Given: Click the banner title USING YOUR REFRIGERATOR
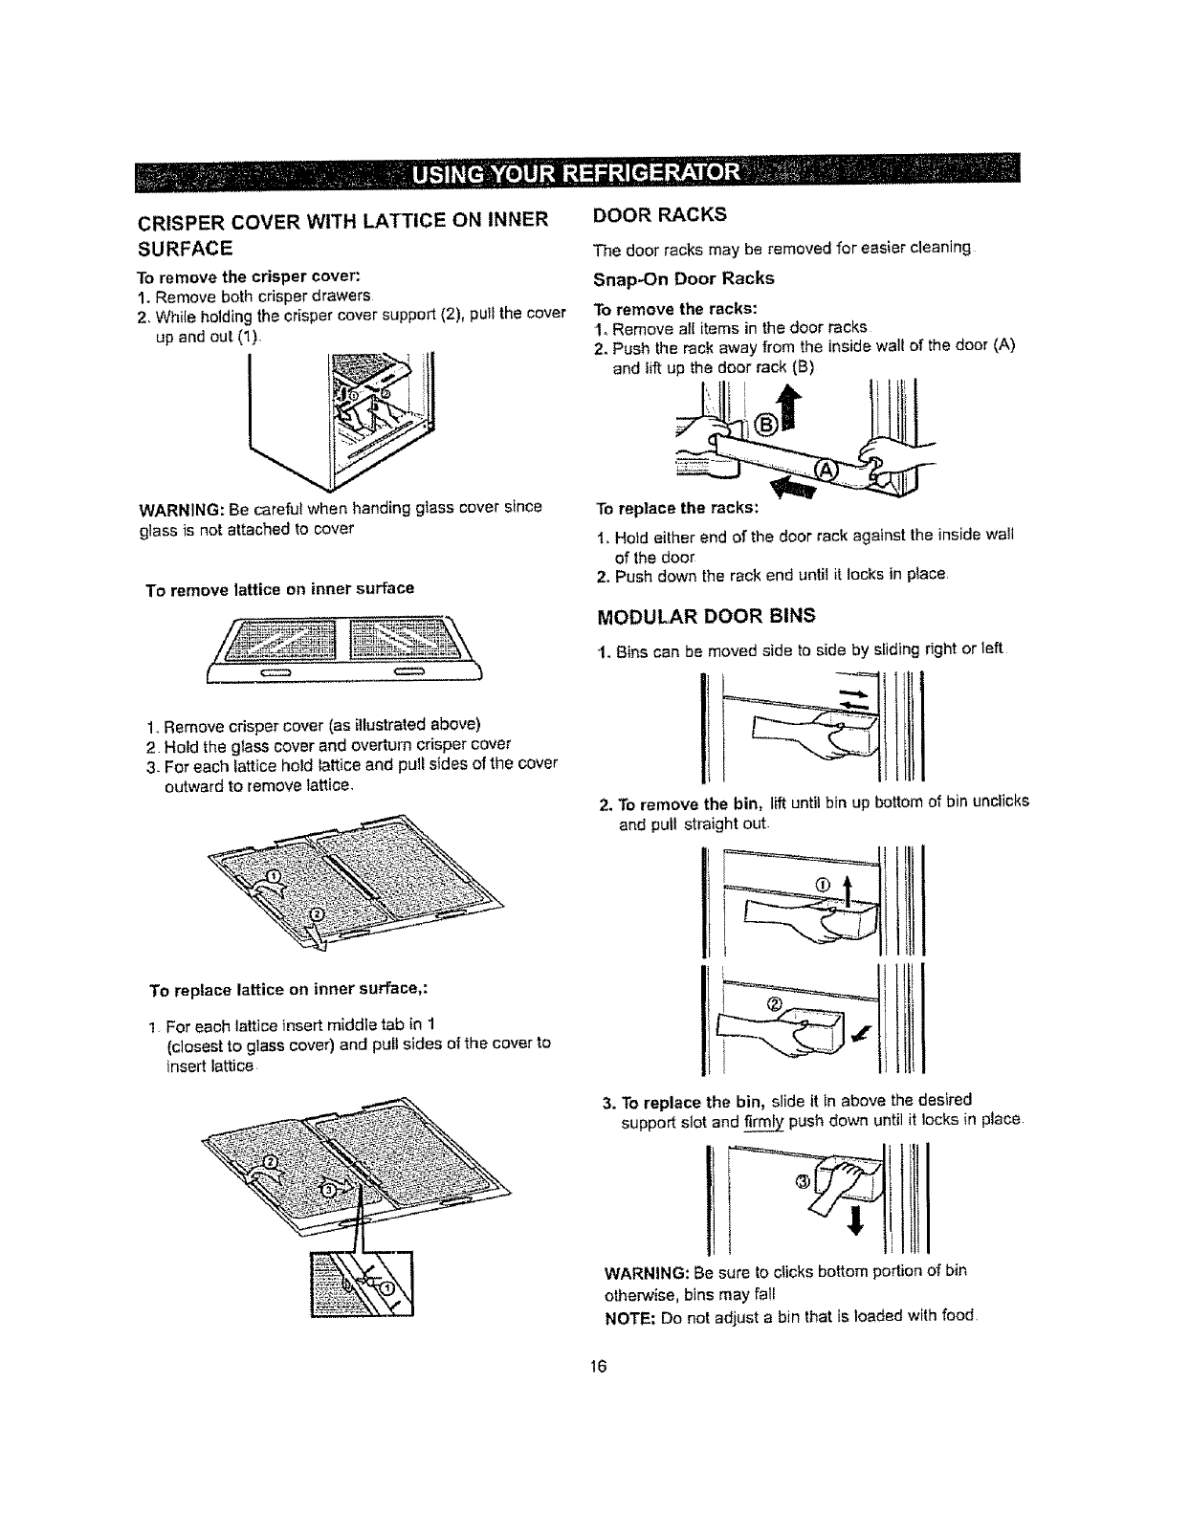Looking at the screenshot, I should [591, 174].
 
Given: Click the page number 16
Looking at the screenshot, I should [594, 1366].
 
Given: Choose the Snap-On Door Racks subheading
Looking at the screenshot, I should [684, 278].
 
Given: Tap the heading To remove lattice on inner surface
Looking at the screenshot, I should [279, 588].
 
